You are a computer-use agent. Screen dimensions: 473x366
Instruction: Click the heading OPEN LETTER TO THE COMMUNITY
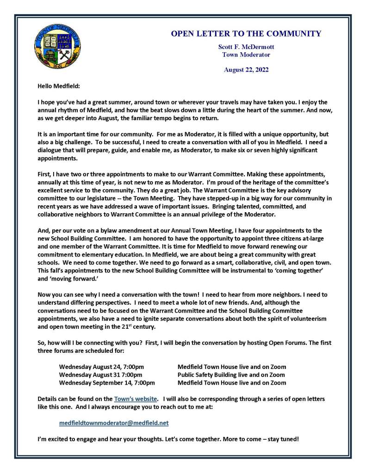point(246,34)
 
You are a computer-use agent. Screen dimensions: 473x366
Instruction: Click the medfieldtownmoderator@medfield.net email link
point(114,423)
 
